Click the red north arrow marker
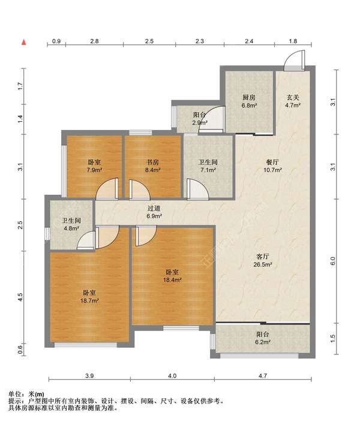point(24,42)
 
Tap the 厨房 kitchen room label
point(249,98)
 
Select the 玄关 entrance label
point(293,97)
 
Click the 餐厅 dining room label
point(272,163)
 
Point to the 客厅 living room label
point(263,256)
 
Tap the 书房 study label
point(153,163)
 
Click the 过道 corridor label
point(154,208)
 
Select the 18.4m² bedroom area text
point(172,280)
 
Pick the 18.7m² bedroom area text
point(89,300)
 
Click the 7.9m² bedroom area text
point(94,170)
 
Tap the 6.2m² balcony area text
point(263,342)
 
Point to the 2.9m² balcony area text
point(200,123)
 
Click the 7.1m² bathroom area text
point(208,170)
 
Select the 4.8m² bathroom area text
point(71,228)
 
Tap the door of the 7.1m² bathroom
point(197,189)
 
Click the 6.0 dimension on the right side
point(333,261)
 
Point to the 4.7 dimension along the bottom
point(263,376)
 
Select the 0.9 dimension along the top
point(56,41)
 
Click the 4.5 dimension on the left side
point(20,297)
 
